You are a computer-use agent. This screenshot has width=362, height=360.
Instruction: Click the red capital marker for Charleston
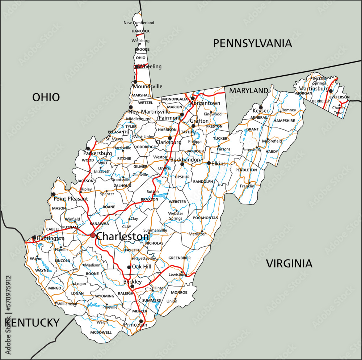[93, 235]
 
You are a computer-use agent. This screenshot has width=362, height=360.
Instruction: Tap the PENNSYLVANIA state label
[252, 43]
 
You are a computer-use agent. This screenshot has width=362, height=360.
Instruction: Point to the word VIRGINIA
[289, 263]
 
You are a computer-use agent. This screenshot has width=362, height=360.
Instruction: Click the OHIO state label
[46, 97]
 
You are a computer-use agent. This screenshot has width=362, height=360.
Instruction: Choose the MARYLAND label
[249, 90]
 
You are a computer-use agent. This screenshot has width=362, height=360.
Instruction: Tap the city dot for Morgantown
[193, 98]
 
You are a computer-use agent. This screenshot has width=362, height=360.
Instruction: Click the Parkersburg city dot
[88, 148]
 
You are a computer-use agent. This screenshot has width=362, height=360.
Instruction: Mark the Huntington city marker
[34, 238]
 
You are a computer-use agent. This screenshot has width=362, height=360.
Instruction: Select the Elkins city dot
[209, 163]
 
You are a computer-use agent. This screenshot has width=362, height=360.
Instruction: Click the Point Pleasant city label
[71, 199]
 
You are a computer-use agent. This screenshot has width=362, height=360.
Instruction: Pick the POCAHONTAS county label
[205, 218]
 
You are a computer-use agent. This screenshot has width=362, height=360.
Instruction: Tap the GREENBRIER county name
[180, 258]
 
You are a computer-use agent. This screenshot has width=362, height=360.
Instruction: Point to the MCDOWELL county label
[101, 332]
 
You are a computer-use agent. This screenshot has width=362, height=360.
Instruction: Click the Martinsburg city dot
[331, 91]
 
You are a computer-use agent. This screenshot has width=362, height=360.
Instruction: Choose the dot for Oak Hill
[129, 267]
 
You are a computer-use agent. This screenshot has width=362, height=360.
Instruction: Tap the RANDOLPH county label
[203, 181]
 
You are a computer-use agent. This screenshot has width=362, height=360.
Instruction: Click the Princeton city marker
[141, 321]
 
